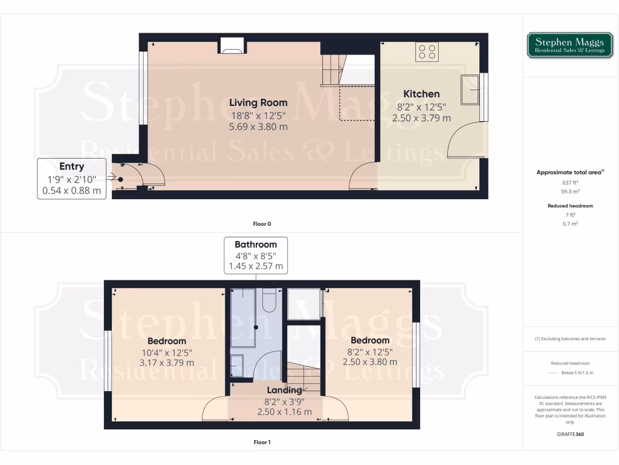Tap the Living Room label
pyautogui.click(x=258, y=102)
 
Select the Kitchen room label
pyautogui.click(x=421, y=94)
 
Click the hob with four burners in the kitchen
pyautogui.click(x=427, y=51)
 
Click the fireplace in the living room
pyautogui.click(x=232, y=45)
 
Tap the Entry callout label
pyautogui.click(x=71, y=166)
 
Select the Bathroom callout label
pyautogui.click(x=256, y=245)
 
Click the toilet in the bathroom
pyautogui.click(x=270, y=298)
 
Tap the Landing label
pyautogui.click(x=284, y=390)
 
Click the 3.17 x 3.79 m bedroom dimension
pyautogui.click(x=166, y=363)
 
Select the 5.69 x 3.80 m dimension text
pyautogui.click(x=258, y=127)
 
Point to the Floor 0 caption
pyautogui.click(x=262, y=224)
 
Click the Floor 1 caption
pyautogui.click(x=262, y=442)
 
